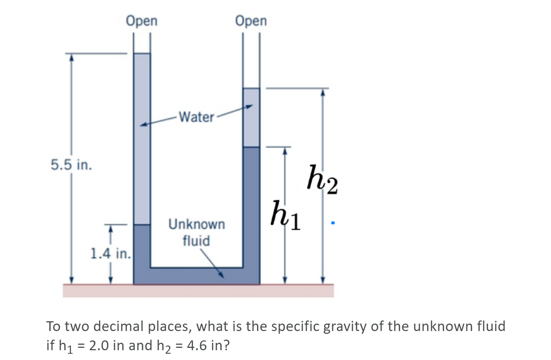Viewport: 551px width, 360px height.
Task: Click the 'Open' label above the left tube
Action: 142,21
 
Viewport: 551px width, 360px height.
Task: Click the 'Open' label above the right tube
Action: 251,21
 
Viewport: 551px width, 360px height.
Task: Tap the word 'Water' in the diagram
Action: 197,117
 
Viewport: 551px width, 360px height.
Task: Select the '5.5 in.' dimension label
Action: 71,165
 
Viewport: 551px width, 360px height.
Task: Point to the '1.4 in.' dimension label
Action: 110,254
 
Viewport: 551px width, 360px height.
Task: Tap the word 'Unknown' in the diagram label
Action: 197,224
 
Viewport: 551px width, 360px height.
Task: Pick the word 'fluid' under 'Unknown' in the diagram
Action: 196,241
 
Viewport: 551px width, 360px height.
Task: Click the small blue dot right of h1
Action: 332,223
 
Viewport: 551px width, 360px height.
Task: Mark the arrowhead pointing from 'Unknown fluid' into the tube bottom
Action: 221,275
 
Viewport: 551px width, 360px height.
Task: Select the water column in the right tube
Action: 251,117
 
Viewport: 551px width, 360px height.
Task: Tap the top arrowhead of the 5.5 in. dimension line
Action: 71,57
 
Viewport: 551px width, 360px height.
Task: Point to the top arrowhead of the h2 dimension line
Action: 323,92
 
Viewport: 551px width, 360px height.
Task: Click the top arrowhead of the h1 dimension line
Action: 285,151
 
